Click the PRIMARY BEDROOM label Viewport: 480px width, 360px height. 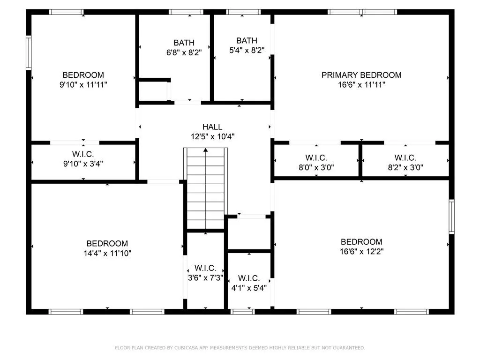pyautogui.click(x=361, y=75)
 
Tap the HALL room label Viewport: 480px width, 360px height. pyautogui.click(x=212, y=127)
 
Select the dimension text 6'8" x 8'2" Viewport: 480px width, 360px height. pyautogui.click(x=184, y=53)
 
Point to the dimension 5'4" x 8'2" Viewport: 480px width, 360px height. pyautogui.click(x=247, y=51)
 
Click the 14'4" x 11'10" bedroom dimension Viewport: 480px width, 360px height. pyautogui.click(x=107, y=254)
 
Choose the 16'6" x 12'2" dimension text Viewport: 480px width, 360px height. pyautogui.click(x=361, y=252)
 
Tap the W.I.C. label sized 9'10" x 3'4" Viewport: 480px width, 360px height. pyautogui.click(x=83, y=154)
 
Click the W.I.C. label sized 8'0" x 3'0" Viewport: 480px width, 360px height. pyautogui.click(x=316, y=157)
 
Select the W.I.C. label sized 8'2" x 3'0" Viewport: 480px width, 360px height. pyautogui.click(x=405, y=157)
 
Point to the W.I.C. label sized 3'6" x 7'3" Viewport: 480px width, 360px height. pyautogui.click(x=205, y=268)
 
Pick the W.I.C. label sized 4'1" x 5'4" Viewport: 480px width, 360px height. pyautogui.click(x=248, y=278)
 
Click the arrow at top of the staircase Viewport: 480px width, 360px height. pyautogui.click(x=205, y=150)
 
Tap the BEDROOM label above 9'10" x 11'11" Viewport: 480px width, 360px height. pyautogui.click(x=83, y=75)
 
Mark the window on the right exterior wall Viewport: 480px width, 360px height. pyautogui.click(x=451, y=216)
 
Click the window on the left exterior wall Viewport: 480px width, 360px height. pyautogui.click(x=29, y=53)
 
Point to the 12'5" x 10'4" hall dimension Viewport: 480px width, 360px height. pyautogui.click(x=212, y=137)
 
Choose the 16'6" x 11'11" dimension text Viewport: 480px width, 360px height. pyautogui.click(x=361, y=85)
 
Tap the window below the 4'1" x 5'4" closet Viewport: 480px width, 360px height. pyautogui.click(x=243, y=311)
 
